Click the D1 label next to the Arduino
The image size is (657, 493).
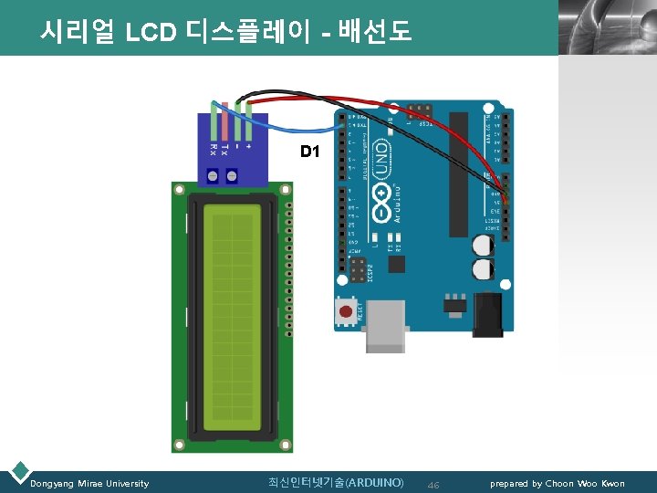click(310, 152)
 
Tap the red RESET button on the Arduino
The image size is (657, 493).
click(346, 313)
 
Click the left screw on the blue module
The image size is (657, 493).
click(213, 175)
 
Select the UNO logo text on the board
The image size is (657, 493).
click(384, 156)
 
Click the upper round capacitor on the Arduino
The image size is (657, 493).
click(483, 245)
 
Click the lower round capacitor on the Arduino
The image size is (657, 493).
click(483, 268)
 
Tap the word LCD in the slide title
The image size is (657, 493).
click(151, 33)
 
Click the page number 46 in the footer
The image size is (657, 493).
click(433, 484)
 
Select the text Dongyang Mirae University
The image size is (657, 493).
click(89, 483)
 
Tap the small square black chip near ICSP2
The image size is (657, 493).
click(396, 264)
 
